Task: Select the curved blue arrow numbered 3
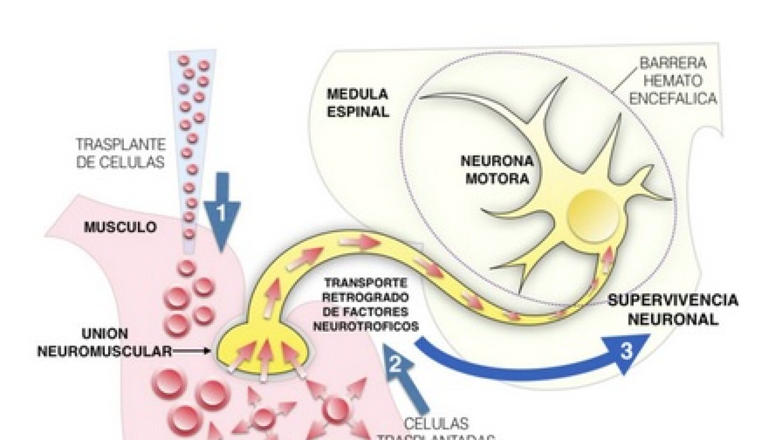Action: click(535, 362)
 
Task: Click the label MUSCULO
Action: click(120, 227)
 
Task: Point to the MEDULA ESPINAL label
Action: click(357, 103)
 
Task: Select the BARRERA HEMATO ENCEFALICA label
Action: click(673, 81)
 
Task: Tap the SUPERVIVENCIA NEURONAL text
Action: click(673, 310)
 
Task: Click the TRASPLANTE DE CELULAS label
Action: click(121, 153)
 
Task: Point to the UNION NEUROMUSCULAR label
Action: click(105, 342)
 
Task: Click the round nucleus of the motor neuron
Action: click(593, 216)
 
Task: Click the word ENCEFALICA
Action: click(673, 99)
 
